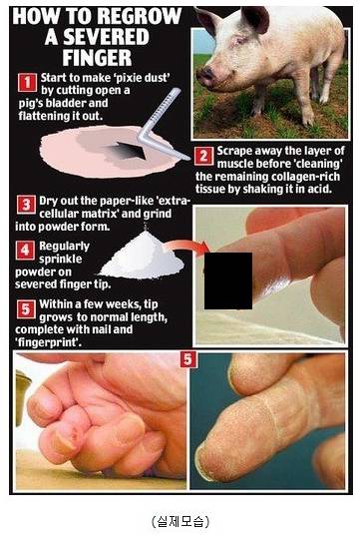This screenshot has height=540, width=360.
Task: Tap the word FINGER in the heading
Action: click(97, 58)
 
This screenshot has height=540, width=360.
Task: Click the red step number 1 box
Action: click(27, 82)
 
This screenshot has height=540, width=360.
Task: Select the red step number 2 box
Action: click(203, 157)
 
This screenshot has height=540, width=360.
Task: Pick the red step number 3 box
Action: click(26, 205)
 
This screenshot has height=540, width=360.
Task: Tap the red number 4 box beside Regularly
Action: click(25, 250)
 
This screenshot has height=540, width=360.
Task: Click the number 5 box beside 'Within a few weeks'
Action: click(26, 308)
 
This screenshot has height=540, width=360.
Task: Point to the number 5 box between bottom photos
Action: click(187, 359)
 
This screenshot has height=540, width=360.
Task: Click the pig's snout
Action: click(206, 76)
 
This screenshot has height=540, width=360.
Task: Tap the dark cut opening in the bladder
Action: click(129, 151)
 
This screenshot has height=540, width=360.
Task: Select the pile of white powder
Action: click(142, 255)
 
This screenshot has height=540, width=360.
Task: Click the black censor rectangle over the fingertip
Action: click(228, 280)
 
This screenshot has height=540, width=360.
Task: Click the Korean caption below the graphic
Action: click(180, 521)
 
